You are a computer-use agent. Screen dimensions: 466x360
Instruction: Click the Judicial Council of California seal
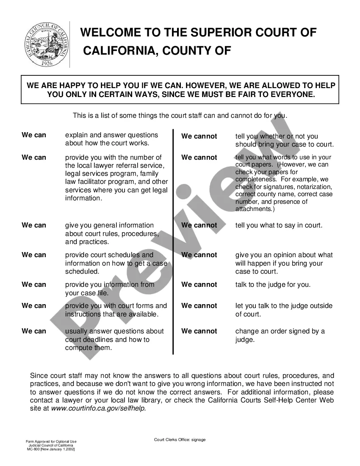click(45, 45)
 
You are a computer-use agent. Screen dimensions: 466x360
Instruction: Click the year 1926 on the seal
click(45, 63)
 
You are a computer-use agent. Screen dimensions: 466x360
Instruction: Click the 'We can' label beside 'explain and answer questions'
click(34, 135)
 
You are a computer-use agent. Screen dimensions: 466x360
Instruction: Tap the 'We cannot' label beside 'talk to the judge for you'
click(199, 285)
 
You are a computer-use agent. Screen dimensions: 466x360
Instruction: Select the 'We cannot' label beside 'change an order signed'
click(199, 331)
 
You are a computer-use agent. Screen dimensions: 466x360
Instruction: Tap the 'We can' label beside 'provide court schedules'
click(34, 255)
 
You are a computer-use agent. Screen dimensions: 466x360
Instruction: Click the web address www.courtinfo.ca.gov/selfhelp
click(99, 409)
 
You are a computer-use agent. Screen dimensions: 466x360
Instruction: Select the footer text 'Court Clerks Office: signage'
click(180, 440)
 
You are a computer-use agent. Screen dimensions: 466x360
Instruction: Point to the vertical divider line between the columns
click(173, 241)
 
